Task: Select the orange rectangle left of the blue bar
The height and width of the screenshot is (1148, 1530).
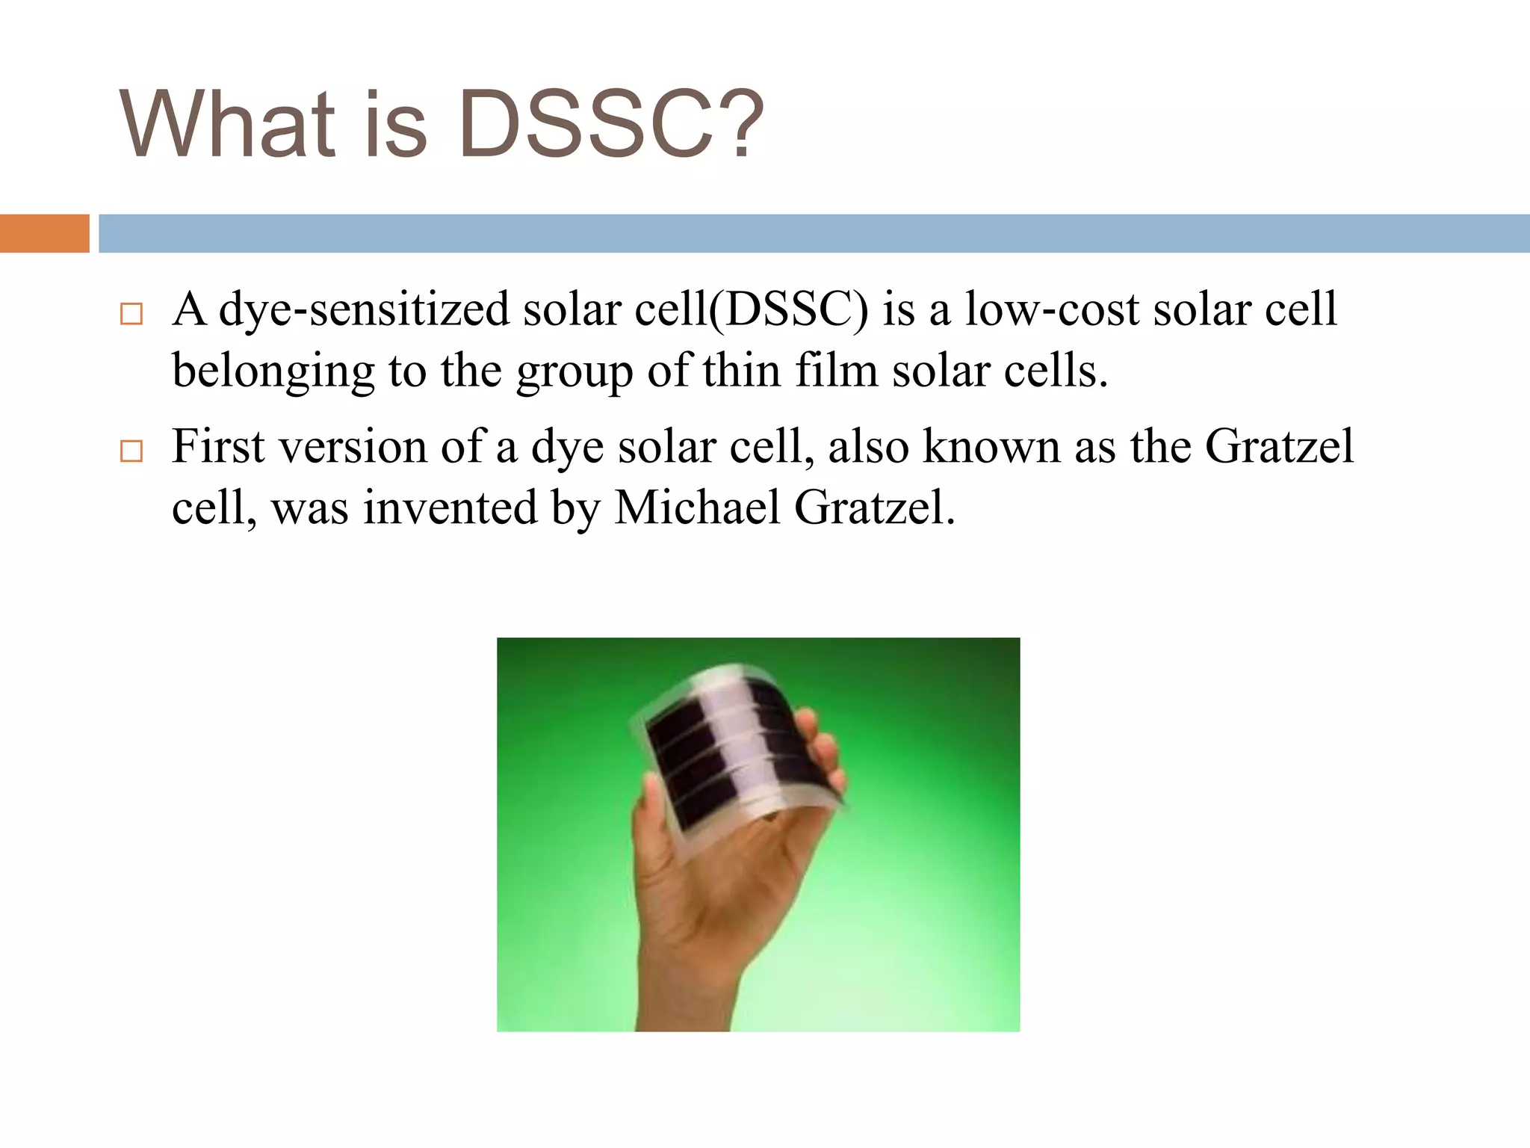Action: coord(44,233)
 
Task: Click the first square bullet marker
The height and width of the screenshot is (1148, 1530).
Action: coord(131,314)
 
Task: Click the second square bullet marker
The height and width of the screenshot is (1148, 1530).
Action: coord(131,451)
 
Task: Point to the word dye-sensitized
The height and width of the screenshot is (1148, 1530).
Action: coord(363,309)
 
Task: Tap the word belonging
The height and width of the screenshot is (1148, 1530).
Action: coord(273,371)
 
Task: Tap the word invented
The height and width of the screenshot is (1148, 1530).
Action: coord(450,508)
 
